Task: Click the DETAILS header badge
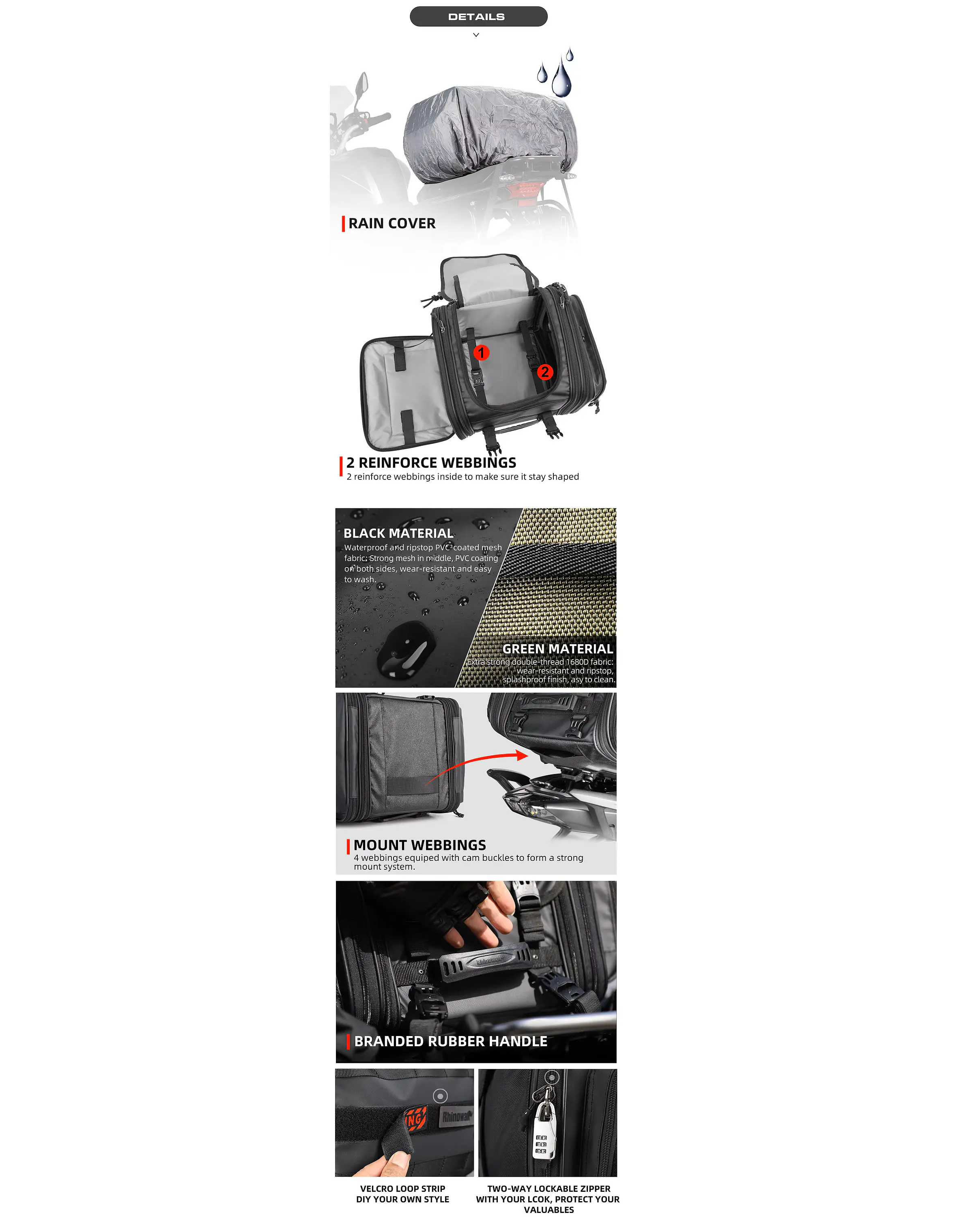478,17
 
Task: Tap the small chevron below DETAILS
476,34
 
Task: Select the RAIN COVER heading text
392,223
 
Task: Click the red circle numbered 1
481,353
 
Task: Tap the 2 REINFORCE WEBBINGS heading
431,462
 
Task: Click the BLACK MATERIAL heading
398,533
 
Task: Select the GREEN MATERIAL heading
557,648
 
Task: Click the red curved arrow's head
522,755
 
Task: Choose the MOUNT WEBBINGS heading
419,845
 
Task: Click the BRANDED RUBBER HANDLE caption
451,1041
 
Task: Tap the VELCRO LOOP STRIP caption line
403,1189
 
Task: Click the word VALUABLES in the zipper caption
549,1210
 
